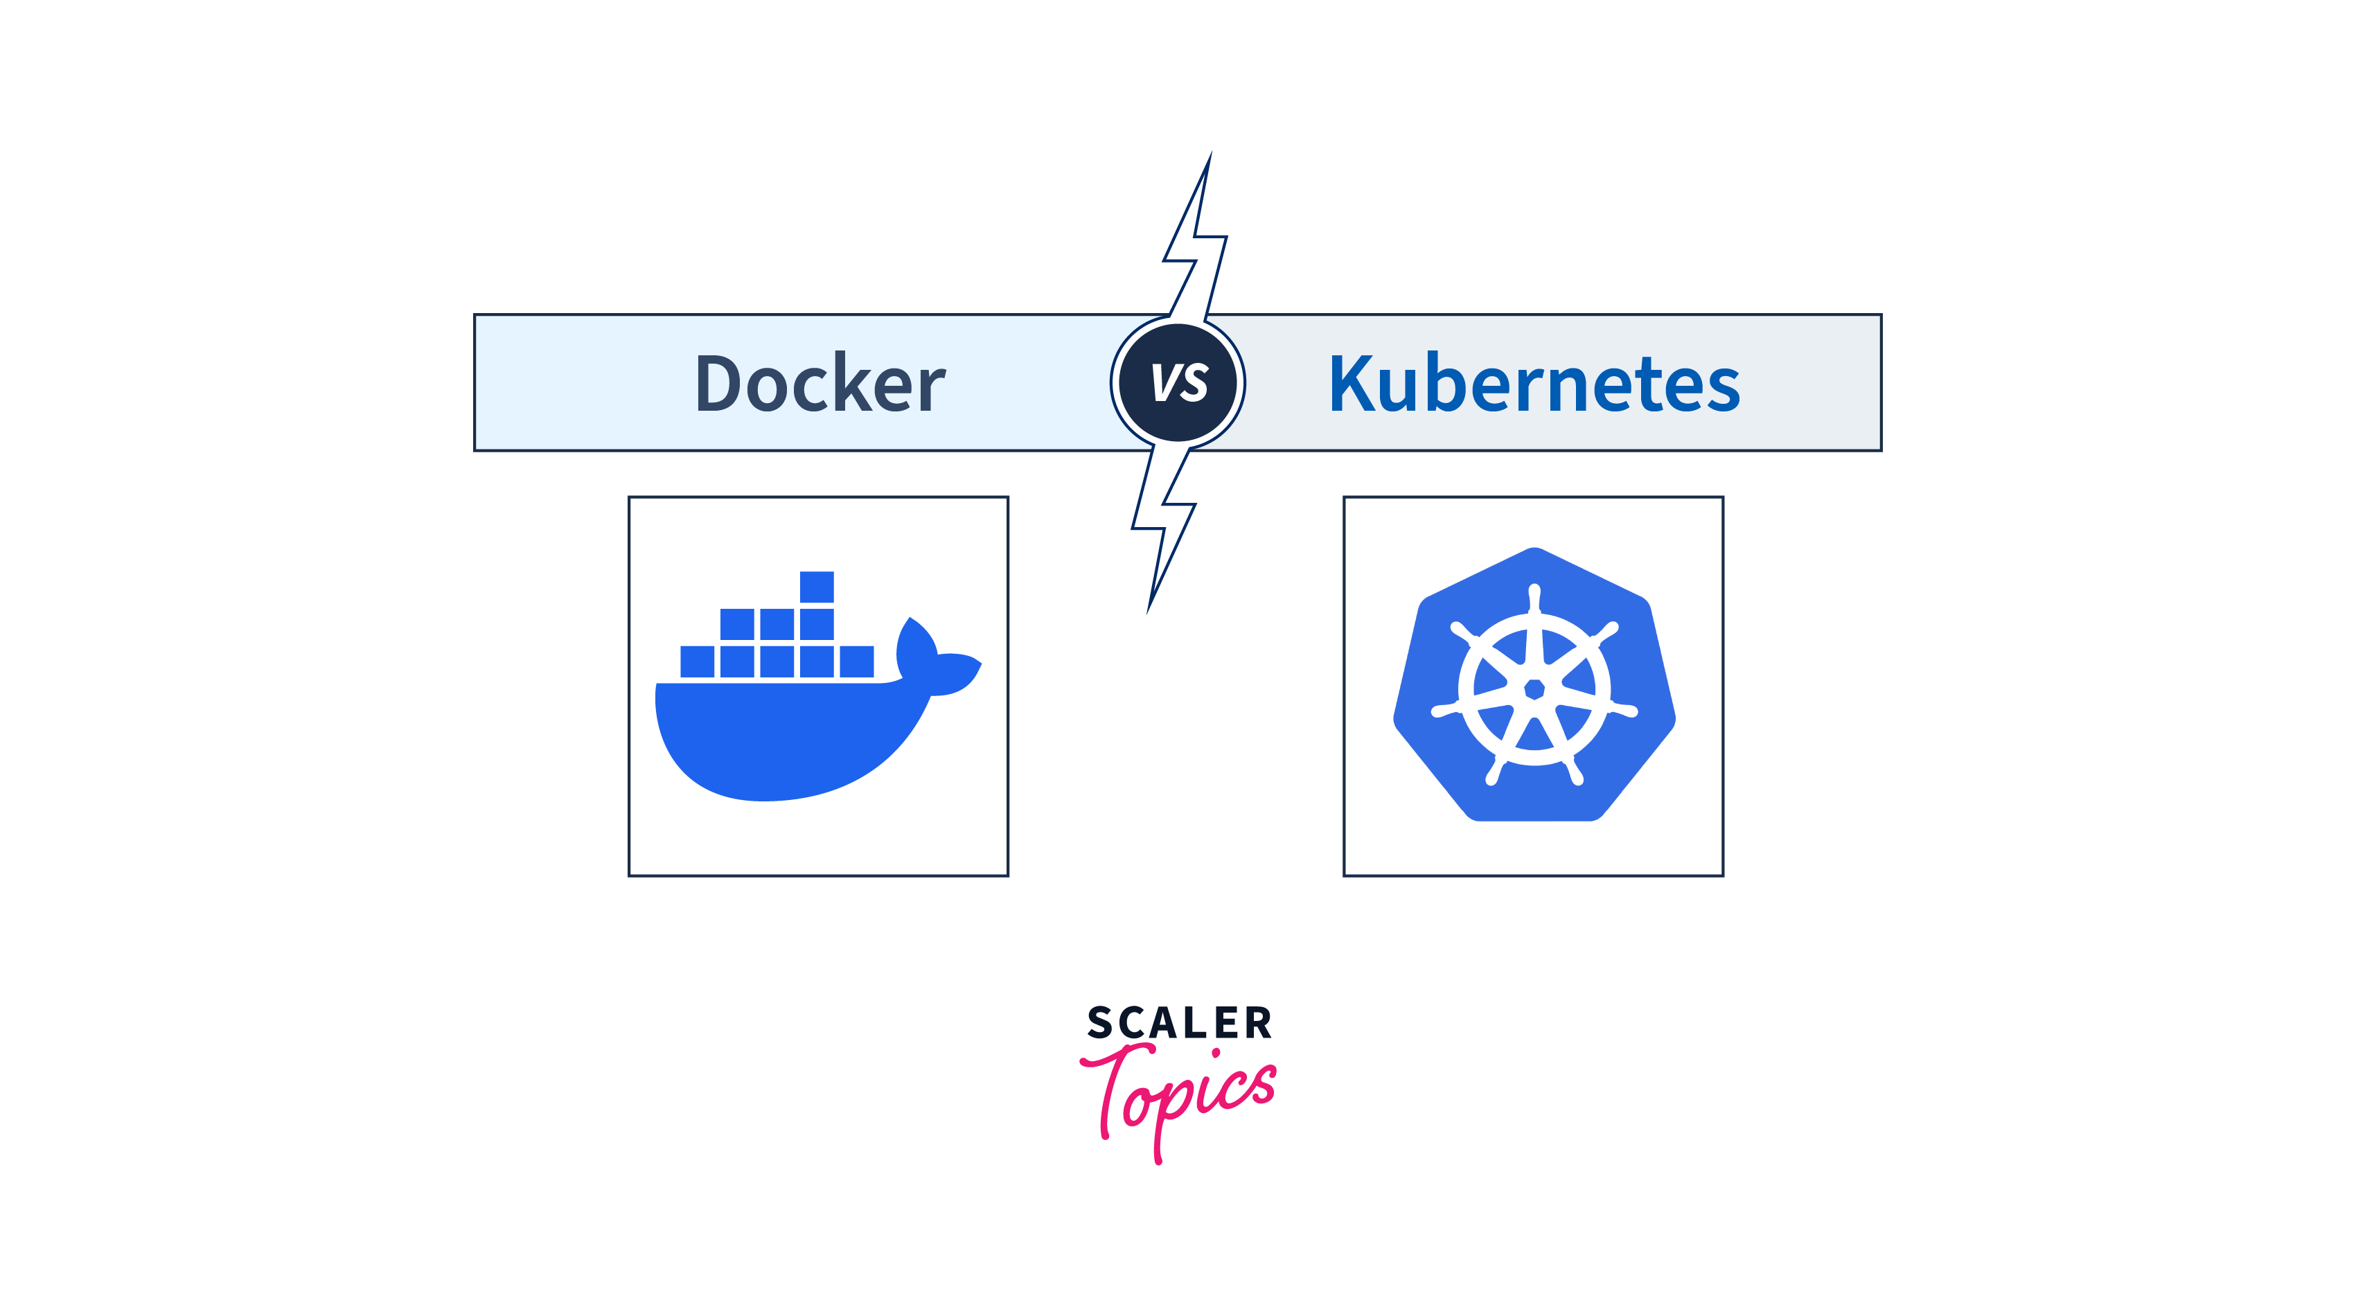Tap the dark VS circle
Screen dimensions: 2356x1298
[1178, 382]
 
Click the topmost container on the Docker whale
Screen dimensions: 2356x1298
[817, 587]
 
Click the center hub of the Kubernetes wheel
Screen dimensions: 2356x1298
[1534, 688]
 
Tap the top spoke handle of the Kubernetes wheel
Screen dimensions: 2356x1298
[1534, 599]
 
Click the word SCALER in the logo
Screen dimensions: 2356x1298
[1179, 1022]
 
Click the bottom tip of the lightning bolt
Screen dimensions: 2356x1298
[1148, 613]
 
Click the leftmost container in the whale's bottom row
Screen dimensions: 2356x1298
[697, 661]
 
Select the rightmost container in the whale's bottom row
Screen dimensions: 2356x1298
[857, 661]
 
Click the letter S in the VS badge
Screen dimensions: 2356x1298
[1194, 383]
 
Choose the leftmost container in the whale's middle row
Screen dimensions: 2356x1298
[737, 624]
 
